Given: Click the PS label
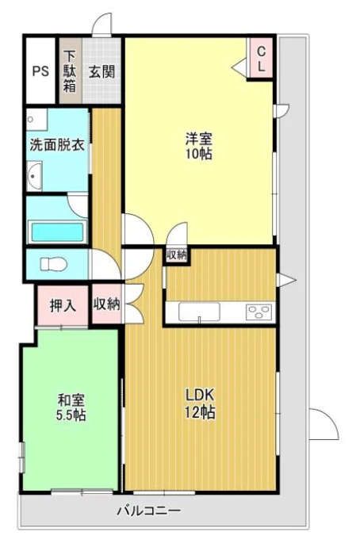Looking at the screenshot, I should point(40,71).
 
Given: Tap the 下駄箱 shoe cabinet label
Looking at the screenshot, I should point(70,71).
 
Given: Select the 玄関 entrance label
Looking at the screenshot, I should point(101,71).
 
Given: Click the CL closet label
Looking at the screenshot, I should point(260,58).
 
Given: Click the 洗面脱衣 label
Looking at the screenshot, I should point(56,146).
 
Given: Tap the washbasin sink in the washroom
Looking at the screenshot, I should point(35,175).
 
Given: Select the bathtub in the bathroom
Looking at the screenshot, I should point(57,232).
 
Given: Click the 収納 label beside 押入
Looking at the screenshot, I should point(105,305).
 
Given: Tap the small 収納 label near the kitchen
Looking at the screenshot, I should point(176,255).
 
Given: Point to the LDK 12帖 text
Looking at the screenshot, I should point(200,403).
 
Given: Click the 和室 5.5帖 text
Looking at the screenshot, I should point(71,407).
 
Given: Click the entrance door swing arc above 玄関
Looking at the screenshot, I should point(100,26).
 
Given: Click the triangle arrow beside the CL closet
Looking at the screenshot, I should point(239,67).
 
